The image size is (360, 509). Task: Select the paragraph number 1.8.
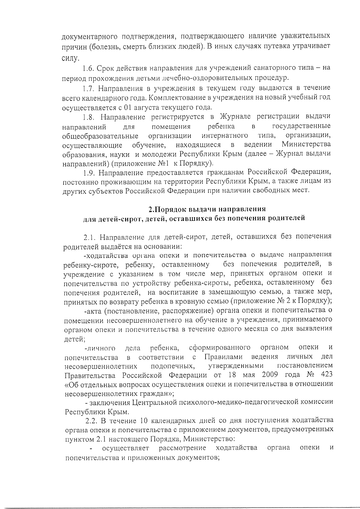[x=88, y=117]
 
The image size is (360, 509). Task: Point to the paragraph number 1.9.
[x=88, y=173]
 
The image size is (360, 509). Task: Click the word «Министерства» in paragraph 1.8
[x=306, y=144]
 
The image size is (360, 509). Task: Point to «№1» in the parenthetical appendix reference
[x=156, y=163]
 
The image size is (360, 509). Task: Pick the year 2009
[x=270, y=375]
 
